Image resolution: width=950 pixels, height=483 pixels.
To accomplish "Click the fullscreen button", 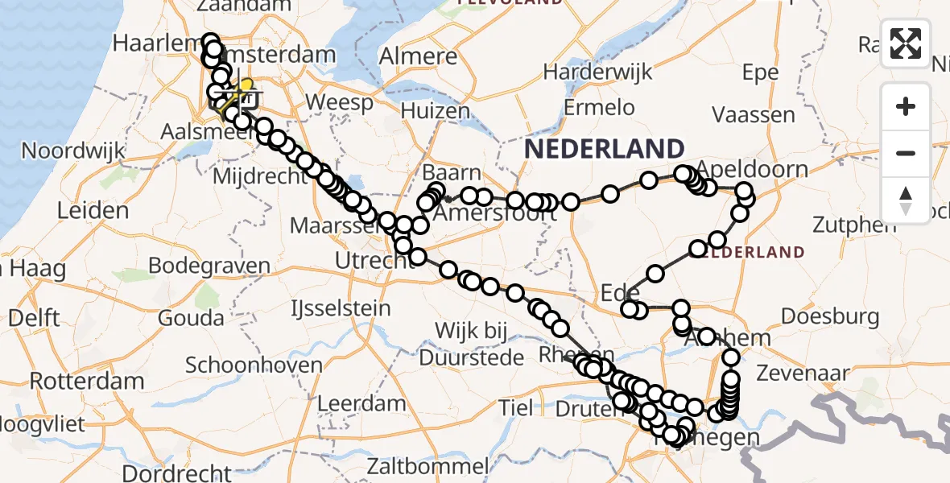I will [x=906, y=43].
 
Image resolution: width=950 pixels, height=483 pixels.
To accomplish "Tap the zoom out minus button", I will [x=906, y=153].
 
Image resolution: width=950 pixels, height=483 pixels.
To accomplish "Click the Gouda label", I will [x=191, y=317].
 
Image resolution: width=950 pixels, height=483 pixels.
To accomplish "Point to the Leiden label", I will [x=93, y=211].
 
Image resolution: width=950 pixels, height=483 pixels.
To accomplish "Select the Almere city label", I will [x=418, y=57].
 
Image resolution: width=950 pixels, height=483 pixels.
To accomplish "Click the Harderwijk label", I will [x=597, y=72].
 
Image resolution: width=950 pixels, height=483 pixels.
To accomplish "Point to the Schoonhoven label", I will [x=254, y=365].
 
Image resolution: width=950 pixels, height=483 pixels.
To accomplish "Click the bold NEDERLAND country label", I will [x=605, y=149].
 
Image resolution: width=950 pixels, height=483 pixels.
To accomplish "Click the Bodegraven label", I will [x=209, y=266].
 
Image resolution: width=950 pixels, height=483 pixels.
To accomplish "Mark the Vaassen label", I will [x=754, y=115].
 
